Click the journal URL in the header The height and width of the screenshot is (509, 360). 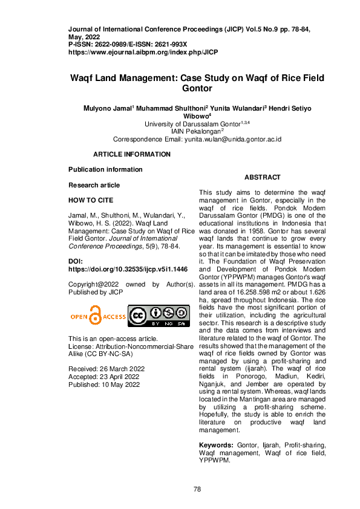[x=143, y=52]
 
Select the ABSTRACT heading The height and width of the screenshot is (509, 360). [x=262, y=177]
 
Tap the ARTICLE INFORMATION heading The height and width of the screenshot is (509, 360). [x=131, y=154]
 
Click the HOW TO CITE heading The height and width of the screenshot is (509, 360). [x=90, y=200]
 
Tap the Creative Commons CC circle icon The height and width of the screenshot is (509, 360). [x=139, y=316]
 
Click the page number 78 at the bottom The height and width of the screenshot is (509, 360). [x=197, y=489]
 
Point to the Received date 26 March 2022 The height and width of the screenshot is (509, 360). [x=106, y=368]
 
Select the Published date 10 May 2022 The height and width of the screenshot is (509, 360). [x=104, y=384]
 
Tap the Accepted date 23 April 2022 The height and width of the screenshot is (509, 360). [x=104, y=376]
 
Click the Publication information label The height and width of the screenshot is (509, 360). [x=105, y=169]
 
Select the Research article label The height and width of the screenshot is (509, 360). [x=94, y=185]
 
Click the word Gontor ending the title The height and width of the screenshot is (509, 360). [x=197, y=88]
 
